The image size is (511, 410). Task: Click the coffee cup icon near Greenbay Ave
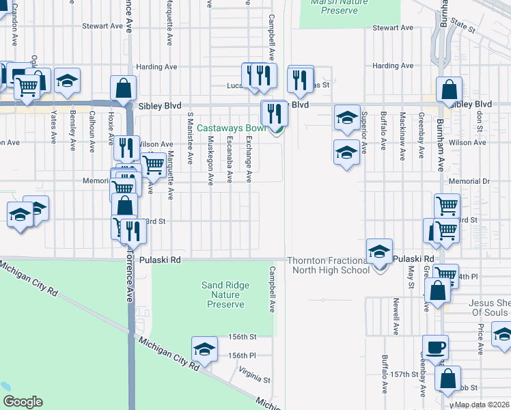point(434,346)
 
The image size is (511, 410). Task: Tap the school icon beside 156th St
point(204,349)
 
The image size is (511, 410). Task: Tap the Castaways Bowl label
point(232,128)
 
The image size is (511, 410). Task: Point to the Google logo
point(23,402)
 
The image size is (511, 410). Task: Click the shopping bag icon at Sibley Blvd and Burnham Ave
point(450,89)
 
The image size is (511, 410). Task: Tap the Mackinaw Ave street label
point(402,136)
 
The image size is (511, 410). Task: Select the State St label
point(462,26)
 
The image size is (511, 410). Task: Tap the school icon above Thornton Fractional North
point(378,251)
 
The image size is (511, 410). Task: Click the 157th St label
point(404,375)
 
